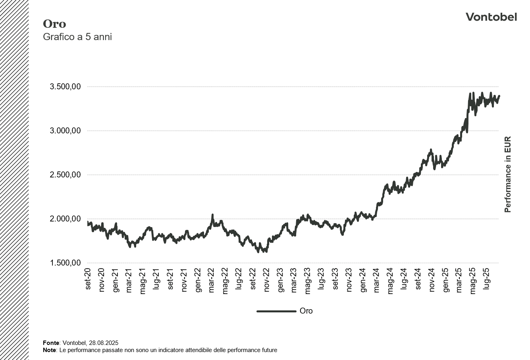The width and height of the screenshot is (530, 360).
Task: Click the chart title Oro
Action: [x=54, y=24]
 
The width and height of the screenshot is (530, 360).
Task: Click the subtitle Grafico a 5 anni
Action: [x=77, y=37]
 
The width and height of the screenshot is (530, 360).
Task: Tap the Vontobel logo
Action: [x=491, y=17]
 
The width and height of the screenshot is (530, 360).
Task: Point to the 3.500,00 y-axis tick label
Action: [x=66, y=87]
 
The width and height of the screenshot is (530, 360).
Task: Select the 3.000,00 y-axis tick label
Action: [x=66, y=131]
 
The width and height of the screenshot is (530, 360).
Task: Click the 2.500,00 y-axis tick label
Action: [x=66, y=175]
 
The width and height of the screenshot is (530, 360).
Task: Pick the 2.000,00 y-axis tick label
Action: [x=66, y=219]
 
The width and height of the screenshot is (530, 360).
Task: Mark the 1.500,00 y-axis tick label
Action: [x=66, y=263]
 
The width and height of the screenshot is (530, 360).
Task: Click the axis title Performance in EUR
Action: [x=508, y=175]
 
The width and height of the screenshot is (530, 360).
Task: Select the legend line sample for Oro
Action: [x=276, y=311]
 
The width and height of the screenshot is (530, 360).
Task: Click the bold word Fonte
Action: [x=51, y=343]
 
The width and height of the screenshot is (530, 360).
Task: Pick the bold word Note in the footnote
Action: [x=49, y=350]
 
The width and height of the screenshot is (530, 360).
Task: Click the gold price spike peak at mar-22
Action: [x=212, y=215]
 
